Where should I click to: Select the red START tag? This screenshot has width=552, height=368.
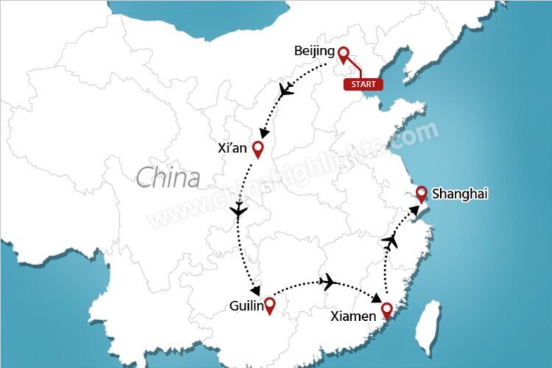(x=363, y=85)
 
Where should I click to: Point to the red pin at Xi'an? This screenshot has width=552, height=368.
(x=258, y=149)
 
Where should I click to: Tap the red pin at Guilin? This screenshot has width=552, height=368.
(x=270, y=305)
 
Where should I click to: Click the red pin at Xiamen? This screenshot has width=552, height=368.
(x=387, y=312)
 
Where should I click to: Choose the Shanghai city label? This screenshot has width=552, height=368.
(x=459, y=194)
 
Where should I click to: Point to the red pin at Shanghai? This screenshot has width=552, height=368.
(x=421, y=194)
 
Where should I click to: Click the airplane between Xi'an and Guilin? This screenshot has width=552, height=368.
(x=238, y=212)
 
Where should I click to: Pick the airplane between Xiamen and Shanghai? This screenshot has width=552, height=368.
(x=391, y=241)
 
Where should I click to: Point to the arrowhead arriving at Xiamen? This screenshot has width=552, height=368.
(x=377, y=300)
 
